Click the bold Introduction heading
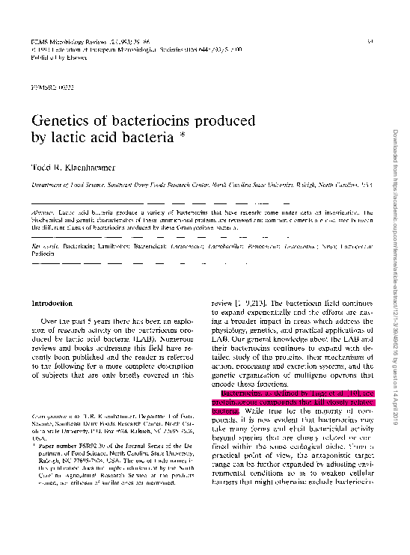51,303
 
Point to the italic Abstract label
41,213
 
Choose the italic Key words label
43,245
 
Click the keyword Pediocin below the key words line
43,254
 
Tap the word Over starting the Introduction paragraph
49,321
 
